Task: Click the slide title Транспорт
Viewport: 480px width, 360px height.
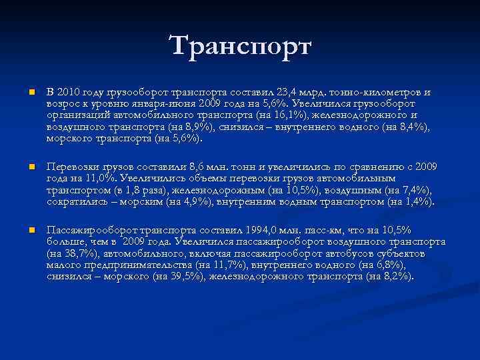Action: coord(240,47)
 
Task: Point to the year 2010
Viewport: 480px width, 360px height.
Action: coord(71,92)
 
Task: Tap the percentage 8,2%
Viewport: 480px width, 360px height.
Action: coord(395,276)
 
